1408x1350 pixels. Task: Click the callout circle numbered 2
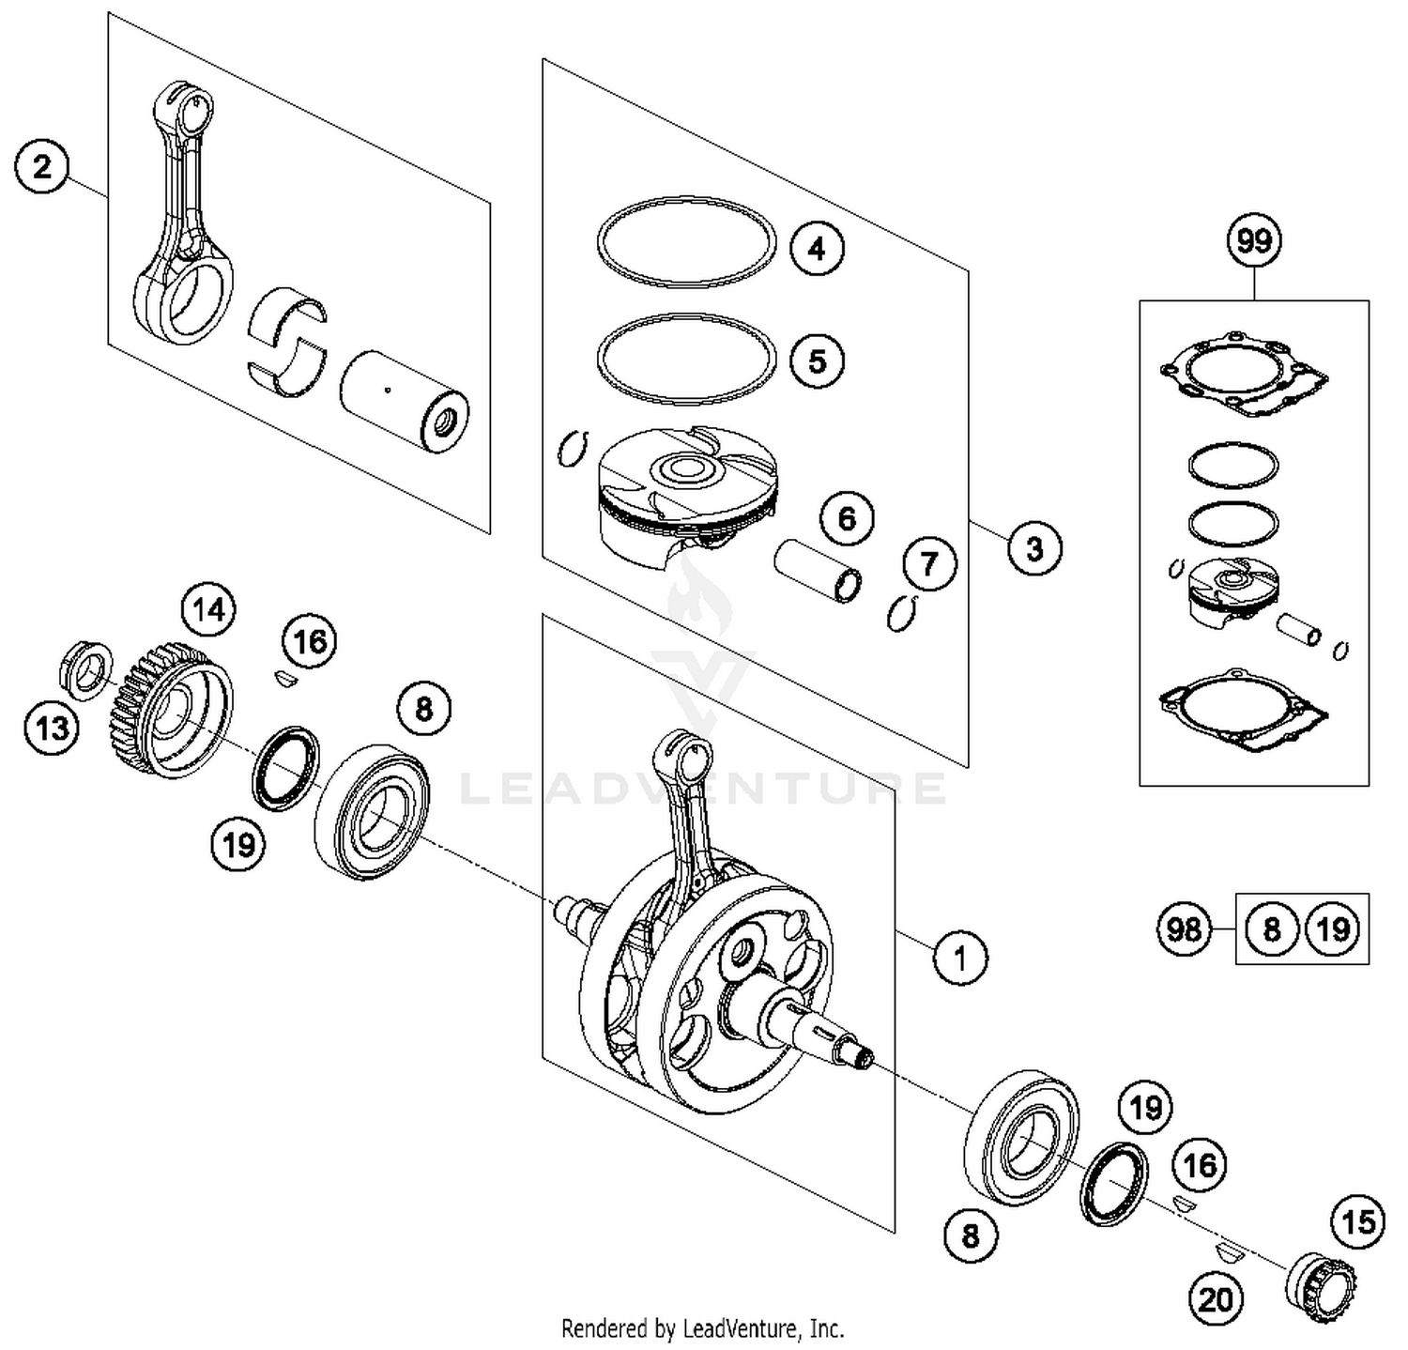pyautogui.click(x=42, y=168)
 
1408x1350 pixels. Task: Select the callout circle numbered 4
pyautogui.click(x=817, y=249)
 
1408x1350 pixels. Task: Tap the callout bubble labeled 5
pyautogui.click(x=817, y=361)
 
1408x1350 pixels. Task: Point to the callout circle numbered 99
pyautogui.click(x=1254, y=241)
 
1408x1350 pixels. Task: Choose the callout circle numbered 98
pyautogui.click(x=1183, y=929)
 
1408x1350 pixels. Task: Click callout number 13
pyautogui.click(x=52, y=727)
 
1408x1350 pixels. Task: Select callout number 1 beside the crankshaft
pyautogui.click(x=959, y=959)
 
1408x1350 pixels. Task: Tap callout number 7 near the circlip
pyautogui.click(x=929, y=564)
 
